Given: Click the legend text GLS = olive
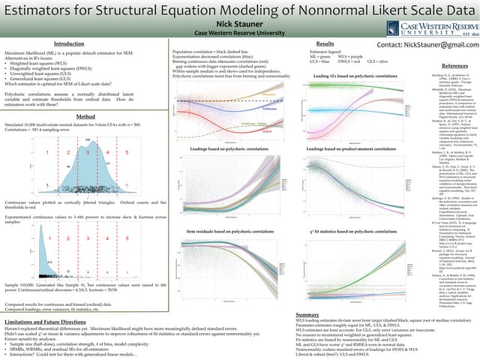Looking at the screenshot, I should coord(378,61).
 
